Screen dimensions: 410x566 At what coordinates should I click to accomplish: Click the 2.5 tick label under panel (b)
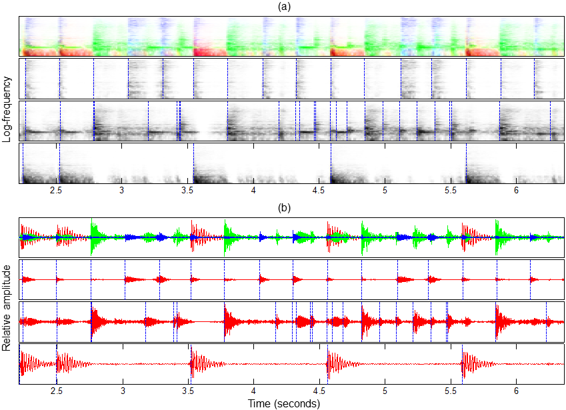point(57,391)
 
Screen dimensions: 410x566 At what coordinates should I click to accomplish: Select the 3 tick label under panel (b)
point(122,391)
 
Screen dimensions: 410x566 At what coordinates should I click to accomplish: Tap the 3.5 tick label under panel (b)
point(188,391)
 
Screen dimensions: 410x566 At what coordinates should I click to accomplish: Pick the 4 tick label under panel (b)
point(253,391)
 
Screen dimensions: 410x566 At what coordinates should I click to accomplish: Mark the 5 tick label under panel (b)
point(385,391)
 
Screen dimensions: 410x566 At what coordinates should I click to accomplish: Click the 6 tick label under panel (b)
point(516,391)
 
